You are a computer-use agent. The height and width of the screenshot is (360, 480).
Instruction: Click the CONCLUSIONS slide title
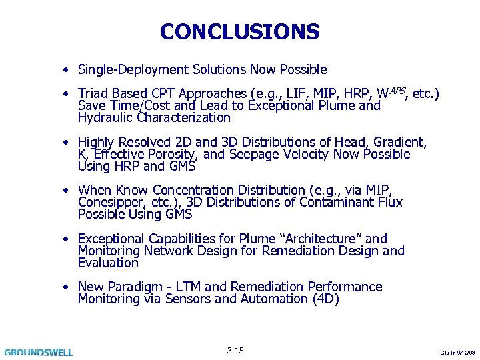[240, 31]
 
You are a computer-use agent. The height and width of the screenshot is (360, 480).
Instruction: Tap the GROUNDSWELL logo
[38, 352]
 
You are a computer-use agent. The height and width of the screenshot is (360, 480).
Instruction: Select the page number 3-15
[235, 351]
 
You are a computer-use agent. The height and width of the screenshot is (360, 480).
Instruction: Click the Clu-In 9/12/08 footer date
[459, 353]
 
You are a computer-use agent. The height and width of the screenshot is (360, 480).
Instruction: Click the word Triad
[93, 94]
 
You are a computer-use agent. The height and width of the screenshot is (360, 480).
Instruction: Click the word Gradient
[399, 142]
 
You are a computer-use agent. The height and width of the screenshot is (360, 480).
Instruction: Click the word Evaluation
[108, 263]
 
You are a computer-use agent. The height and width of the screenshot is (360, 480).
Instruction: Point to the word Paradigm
[123, 287]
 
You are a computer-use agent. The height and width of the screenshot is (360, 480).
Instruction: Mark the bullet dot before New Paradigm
[68, 287]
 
